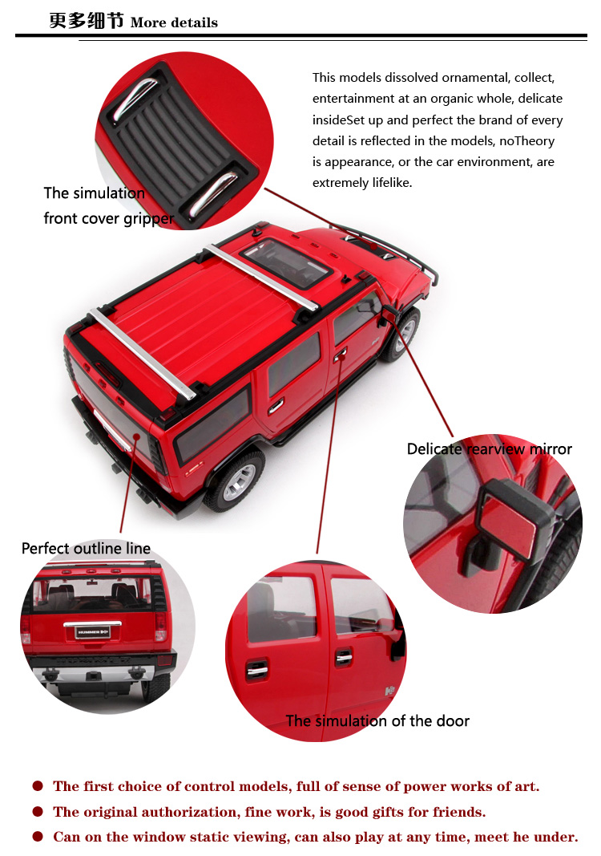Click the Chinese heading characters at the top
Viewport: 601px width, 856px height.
click(87, 20)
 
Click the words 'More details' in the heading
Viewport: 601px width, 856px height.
click(174, 22)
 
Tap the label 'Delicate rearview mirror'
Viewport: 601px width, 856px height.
click(489, 448)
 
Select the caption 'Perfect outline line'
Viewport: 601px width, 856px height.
click(86, 548)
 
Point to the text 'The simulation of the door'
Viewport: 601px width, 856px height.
click(377, 720)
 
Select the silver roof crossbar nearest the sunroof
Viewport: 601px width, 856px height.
click(260, 278)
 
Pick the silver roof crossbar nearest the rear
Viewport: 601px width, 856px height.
click(143, 354)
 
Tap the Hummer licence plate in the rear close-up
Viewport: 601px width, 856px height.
click(93, 632)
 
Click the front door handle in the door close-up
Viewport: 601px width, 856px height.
click(344, 657)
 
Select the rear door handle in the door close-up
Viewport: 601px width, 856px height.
click(256, 670)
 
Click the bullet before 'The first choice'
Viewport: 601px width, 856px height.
click(38, 785)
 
